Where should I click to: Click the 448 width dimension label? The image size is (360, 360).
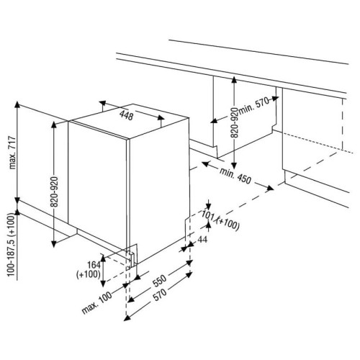126,116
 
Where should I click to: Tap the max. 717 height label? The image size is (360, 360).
12,153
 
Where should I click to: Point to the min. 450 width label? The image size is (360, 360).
235,176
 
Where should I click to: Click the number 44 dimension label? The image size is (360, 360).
203,239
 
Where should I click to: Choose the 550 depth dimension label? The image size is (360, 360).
160,281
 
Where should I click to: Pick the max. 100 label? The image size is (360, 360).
97,303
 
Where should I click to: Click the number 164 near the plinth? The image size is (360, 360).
94,265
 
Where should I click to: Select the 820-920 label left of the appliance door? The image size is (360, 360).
54,192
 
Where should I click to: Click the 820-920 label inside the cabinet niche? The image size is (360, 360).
235,122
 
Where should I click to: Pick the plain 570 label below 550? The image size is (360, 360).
160,295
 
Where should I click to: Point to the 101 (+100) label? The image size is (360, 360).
220,220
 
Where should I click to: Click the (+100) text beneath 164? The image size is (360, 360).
89,274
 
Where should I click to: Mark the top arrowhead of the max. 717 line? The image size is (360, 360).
17,104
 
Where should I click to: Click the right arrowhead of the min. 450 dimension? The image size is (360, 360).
270,188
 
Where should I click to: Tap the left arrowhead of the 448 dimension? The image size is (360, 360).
102,103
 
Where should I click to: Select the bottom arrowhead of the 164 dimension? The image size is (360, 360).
103,284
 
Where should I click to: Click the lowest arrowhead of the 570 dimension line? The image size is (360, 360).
127,318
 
